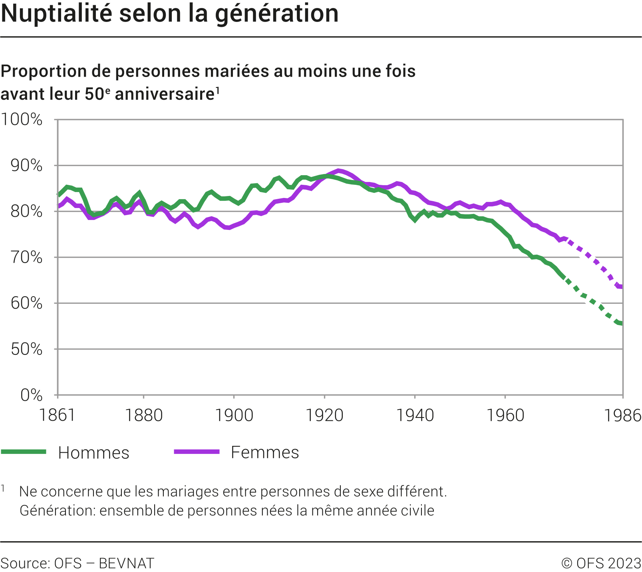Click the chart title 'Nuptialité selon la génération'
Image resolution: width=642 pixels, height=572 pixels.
tap(170, 14)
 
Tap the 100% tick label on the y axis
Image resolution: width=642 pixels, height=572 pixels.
tap(22, 119)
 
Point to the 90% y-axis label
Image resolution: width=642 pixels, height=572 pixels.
tap(26, 165)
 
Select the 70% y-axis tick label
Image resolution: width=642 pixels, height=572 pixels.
tap(26, 257)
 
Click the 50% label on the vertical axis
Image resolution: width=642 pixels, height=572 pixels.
tap(26, 349)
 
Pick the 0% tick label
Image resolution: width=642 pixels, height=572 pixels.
tap(31, 395)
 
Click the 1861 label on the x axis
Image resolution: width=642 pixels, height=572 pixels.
tap(58, 416)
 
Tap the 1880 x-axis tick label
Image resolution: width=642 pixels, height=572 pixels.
tap(144, 416)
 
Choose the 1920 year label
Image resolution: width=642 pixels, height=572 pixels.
tap(324, 416)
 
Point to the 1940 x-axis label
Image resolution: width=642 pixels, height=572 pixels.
tap(415, 416)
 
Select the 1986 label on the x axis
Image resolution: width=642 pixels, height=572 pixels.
tap(622, 416)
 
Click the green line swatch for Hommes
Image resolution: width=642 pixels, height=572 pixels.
tap(24, 452)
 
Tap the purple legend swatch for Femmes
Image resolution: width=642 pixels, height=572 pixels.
tap(197, 452)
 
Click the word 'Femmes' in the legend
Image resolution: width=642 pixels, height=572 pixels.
tap(265, 453)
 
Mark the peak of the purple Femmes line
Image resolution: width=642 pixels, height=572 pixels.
tap(339, 171)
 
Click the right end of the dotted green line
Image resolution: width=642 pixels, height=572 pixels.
tap(621, 323)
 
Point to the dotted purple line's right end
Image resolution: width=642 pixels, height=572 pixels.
tap(621, 287)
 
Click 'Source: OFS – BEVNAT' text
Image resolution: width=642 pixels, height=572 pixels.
tap(78, 563)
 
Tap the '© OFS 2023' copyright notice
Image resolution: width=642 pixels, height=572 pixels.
tap(601, 563)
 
